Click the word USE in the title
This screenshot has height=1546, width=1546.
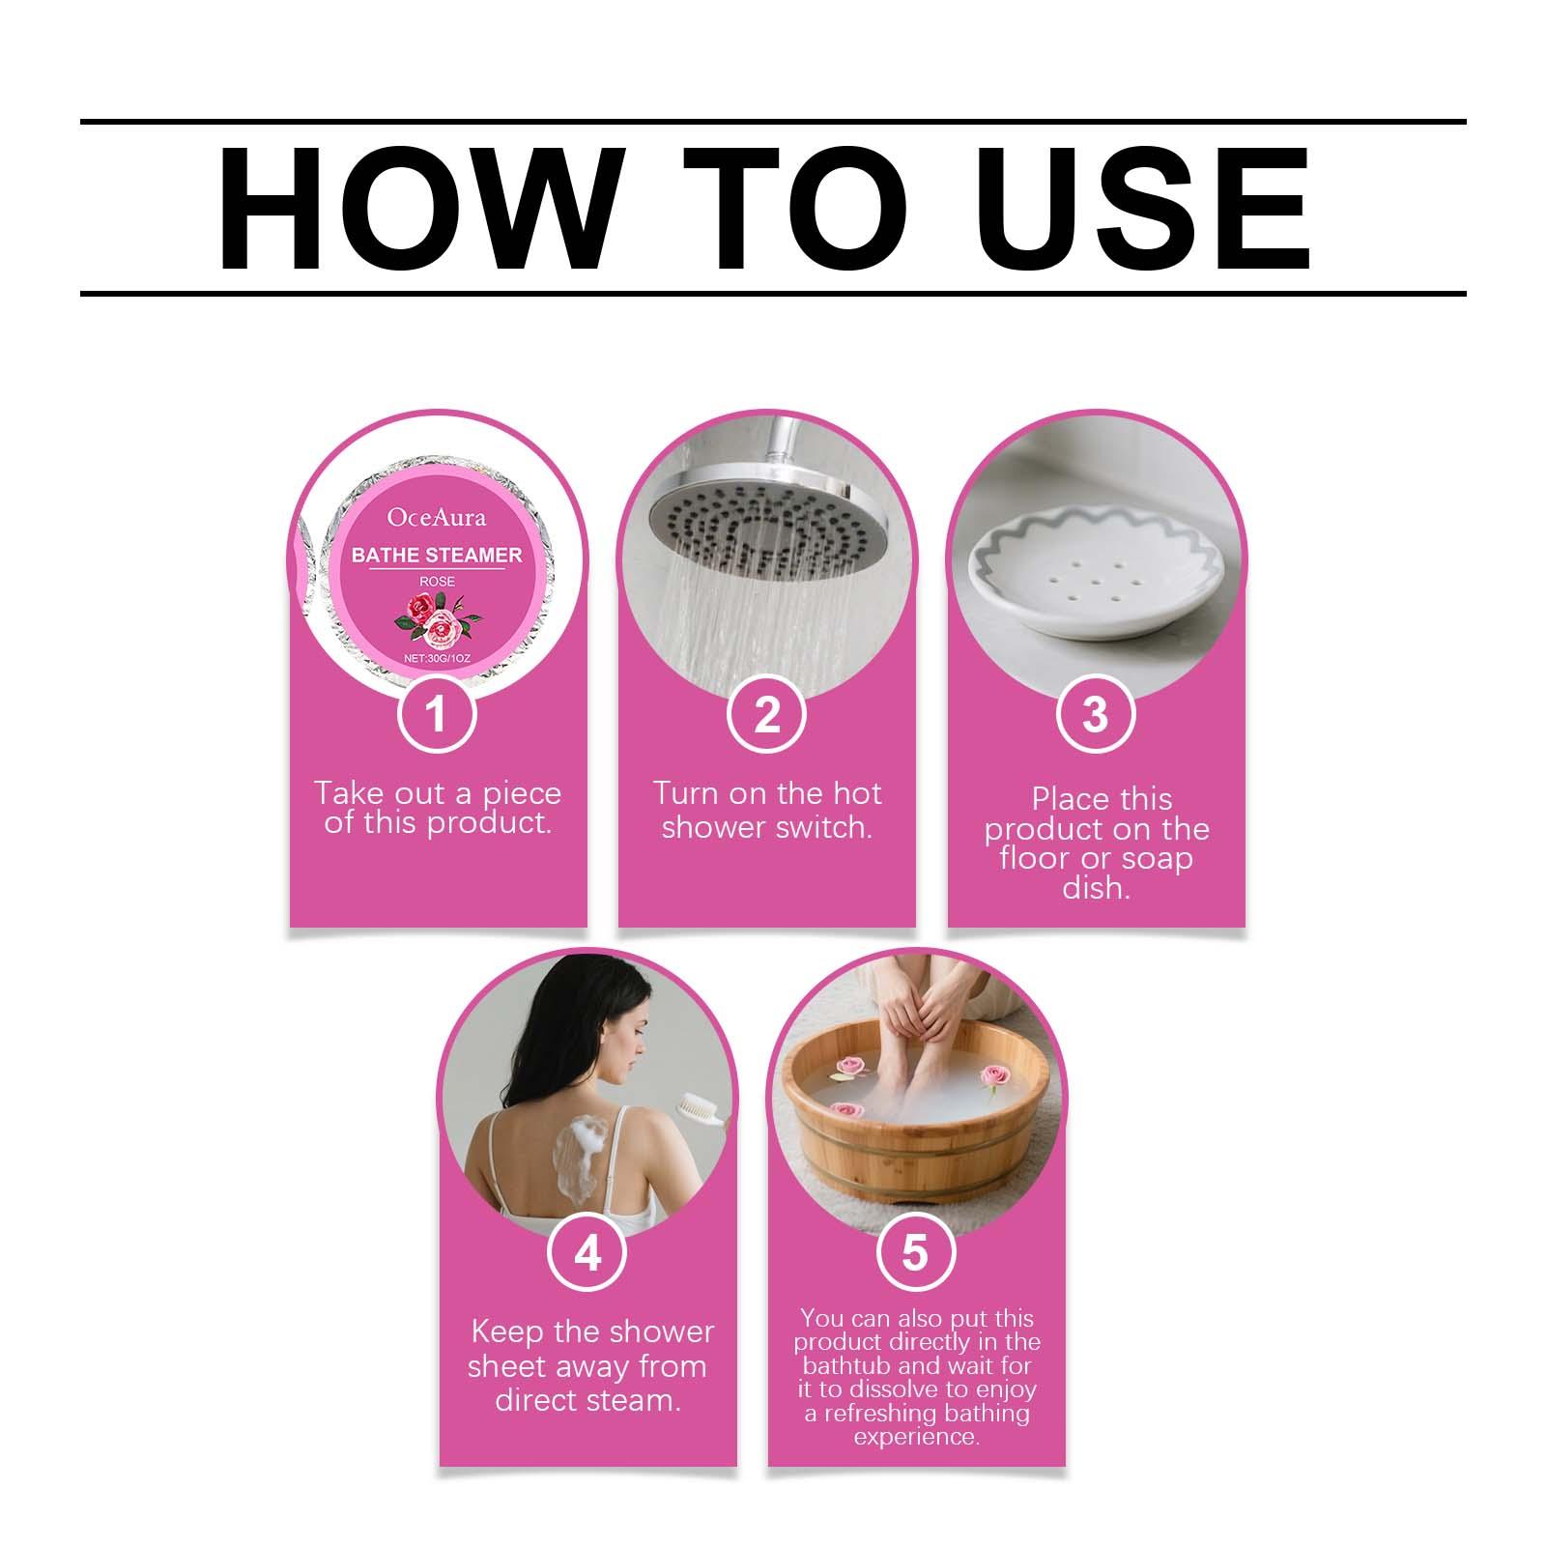pos(1144,209)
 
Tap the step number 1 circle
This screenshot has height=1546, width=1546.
pos(438,714)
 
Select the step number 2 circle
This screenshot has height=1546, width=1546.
pos(767,714)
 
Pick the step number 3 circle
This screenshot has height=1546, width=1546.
pos(1096,714)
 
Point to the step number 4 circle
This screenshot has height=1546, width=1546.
pos(587,1253)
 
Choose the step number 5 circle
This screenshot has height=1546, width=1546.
pos(915,1253)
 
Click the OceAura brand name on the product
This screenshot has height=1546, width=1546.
pos(437,518)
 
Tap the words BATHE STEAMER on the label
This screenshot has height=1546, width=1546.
pos(437,555)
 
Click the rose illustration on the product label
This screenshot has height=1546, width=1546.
pos(436,618)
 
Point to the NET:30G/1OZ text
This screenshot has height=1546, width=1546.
pos(437,658)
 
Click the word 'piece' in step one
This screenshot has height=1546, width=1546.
pos(522,795)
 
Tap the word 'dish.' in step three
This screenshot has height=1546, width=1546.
pos(1096,887)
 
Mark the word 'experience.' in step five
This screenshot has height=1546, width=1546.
pos(916,1437)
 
